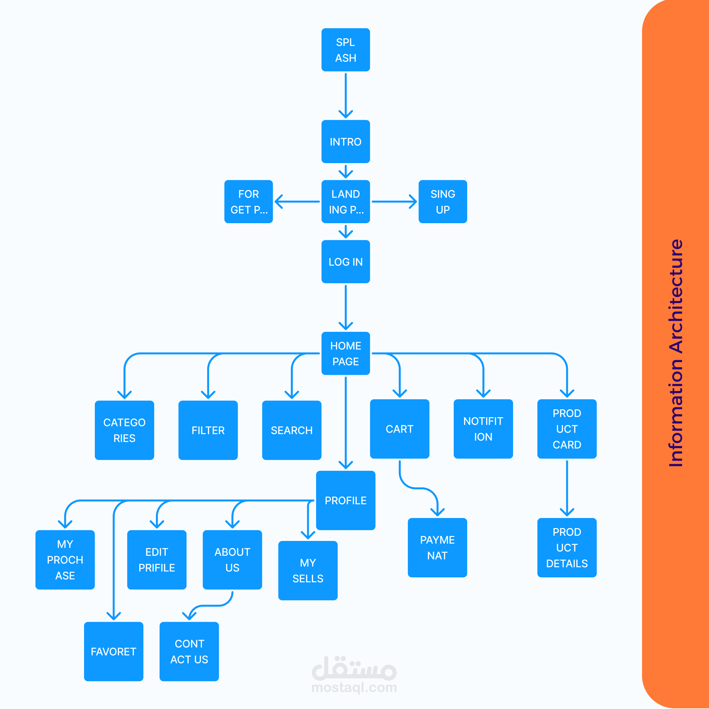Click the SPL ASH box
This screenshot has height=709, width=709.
pyautogui.click(x=346, y=50)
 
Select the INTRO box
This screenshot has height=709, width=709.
pyautogui.click(x=346, y=142)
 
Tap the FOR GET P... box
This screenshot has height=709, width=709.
pyautogui.click(x=248, y=202)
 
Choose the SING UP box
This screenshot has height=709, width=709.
pyautogui.click(x=443, y=202)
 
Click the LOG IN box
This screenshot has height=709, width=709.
pyautogui.click(x=346, y=262)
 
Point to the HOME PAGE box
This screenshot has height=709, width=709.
pyautogui.click(x=346, y=354)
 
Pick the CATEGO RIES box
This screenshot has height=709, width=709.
pyautogui.click(x=124, y=430)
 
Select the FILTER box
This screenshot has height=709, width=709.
pyautogui.click(x=208, y=430)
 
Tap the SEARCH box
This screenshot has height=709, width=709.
pyautogui.click(x=292, y=430)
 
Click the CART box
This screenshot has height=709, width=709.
pyautogui.click(x=400, y=429)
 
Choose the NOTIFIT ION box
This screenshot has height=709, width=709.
pyautogui.click(x=483, y=429)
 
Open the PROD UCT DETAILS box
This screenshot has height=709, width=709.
pyautogui.click(x=567, y=548)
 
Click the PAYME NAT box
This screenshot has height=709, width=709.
pyautogui.click(x=438, y=548)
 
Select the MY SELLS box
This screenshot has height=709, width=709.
pyautogui.click(x=308, y=571)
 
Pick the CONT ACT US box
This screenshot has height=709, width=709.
pyautogui.click(x=189, y=651)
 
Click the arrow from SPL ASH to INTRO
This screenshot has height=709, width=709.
pyautogui.click(x=346, y=96)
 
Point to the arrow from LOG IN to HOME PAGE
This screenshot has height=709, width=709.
pyautogui.click(x=346, y=308)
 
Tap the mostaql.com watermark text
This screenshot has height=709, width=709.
pyautogui.click(x=354, y=687)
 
